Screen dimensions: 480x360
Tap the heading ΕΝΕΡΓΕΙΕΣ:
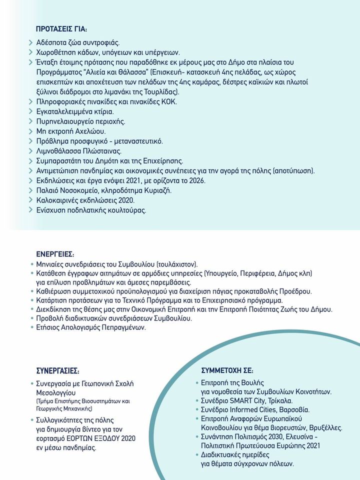click(x=55, y=253)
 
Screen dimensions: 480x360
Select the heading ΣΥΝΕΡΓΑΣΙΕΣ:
click(x=58, y=371)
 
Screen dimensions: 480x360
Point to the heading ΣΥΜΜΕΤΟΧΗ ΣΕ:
click(x=227, y=371)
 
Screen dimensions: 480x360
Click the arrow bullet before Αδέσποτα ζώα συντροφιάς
click(x=31, y=42)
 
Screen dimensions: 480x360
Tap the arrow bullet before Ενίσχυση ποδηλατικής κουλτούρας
click(x=31, y=210)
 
